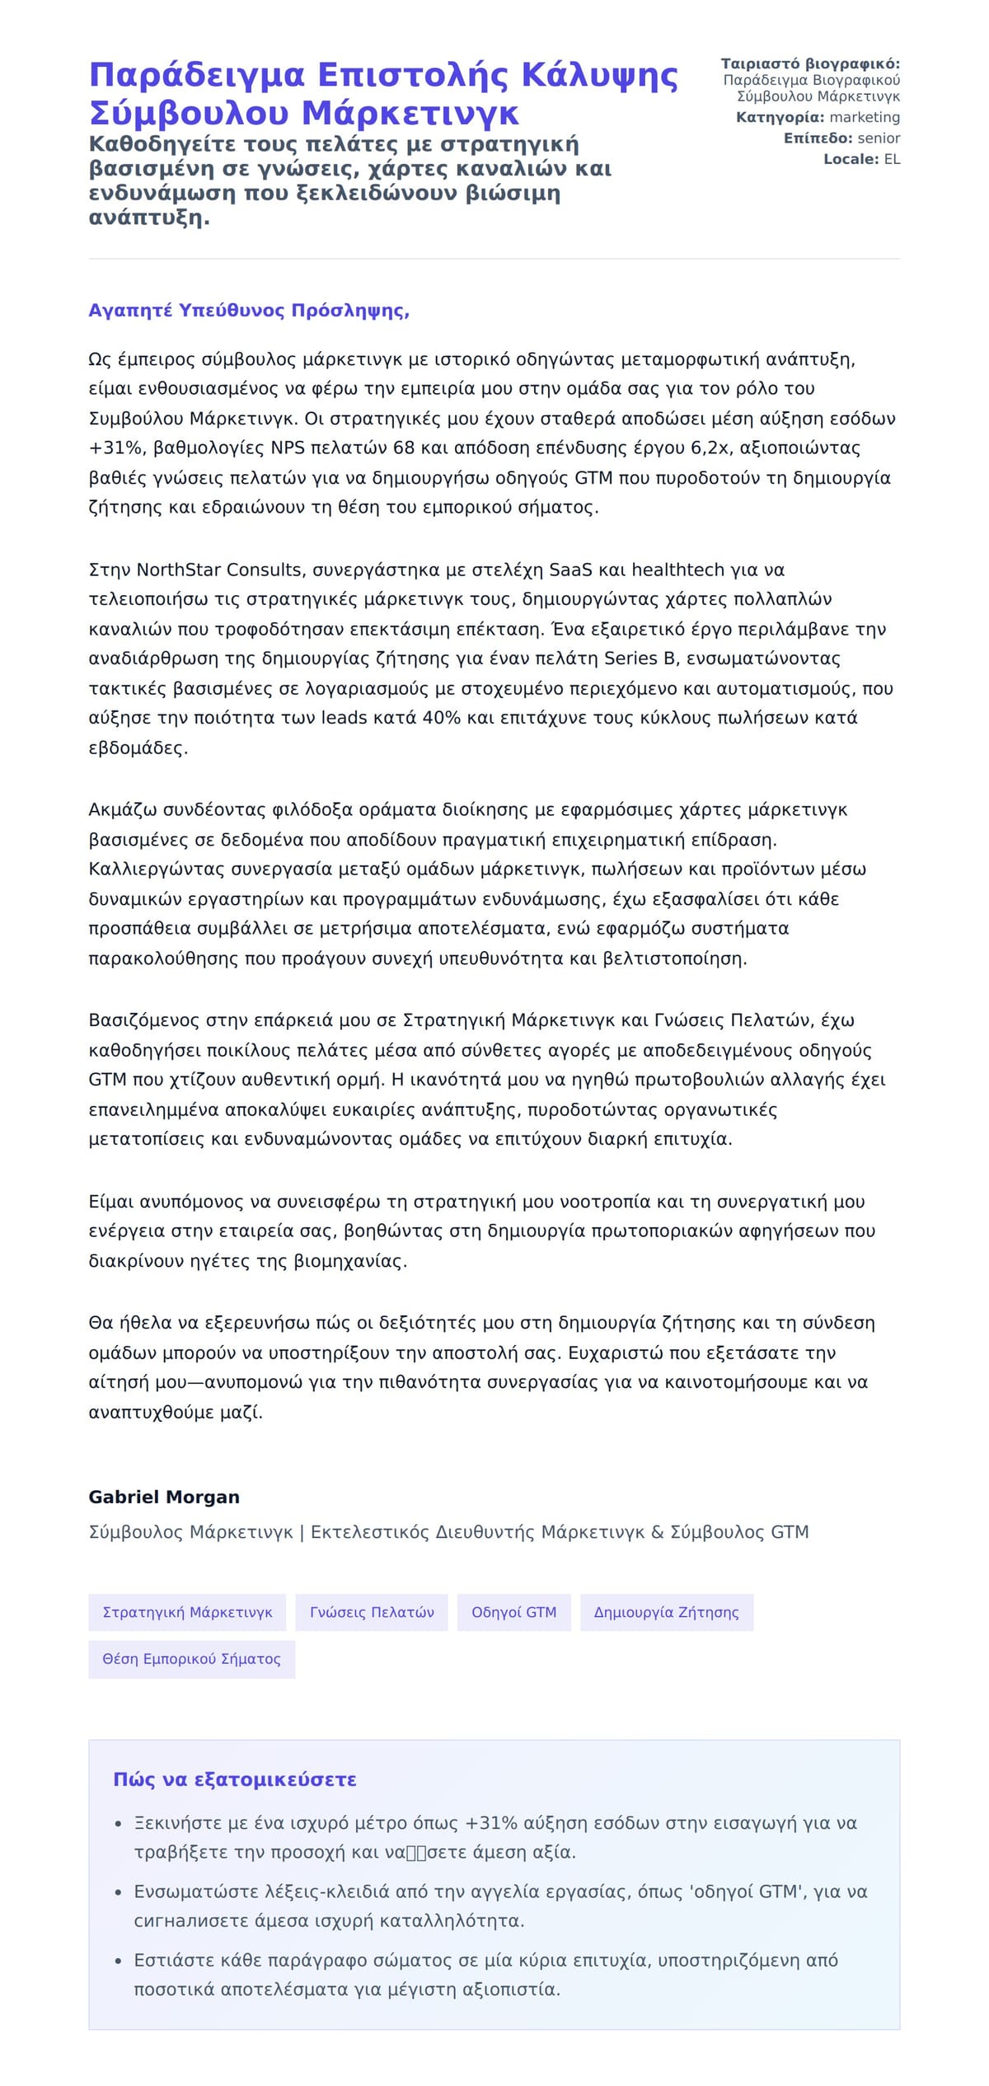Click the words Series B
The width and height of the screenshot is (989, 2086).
[642, 659]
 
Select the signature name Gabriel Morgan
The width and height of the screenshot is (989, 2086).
[164, 1498]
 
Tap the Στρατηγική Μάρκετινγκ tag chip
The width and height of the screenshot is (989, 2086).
[187, 1612]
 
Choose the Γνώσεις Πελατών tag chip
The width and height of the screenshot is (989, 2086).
[372, 1612]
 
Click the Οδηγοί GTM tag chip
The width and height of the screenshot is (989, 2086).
[513, 1612]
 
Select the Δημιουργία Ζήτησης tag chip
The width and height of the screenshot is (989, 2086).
[666, 1612]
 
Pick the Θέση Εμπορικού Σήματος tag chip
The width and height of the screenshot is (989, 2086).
[191, 1659]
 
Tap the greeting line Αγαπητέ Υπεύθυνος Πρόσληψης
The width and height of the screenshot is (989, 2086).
[249, 311]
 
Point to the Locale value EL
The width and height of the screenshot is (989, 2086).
[892, 159]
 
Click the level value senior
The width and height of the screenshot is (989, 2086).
[879, 138]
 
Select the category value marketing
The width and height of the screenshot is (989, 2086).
[865, 117]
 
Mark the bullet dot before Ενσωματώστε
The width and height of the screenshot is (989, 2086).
[120, 1892]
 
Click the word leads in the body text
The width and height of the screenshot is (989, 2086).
[344, 718]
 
